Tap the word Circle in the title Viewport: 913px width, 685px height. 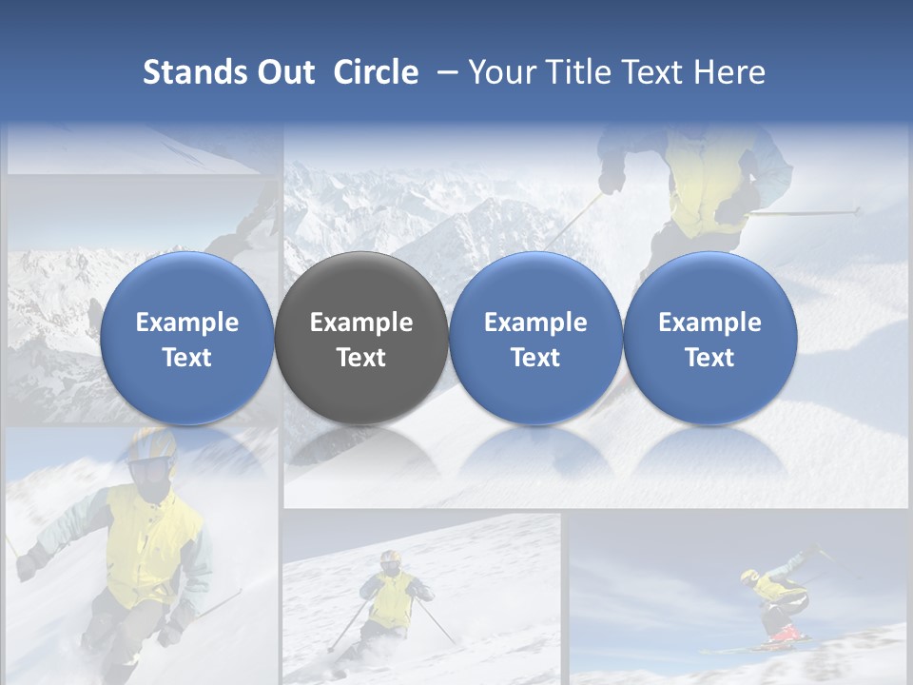(x=376, y=72)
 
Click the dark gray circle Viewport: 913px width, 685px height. (x=361, y=338)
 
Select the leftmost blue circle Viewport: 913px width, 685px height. (x=187, y=338)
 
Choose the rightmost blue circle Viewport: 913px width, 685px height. (x=709, y=338)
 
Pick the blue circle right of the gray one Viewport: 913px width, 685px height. (x=535, y=338)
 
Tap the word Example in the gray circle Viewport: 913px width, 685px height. (x=361, y=323)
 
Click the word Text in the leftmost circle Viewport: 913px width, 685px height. (x=187, y=358)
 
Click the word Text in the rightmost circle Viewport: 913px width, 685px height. (x=709, y=358)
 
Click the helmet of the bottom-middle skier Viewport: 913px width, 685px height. (x=390, y=558)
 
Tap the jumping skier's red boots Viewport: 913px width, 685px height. (x=784, y=633)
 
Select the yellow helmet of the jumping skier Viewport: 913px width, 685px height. (x=750, y=577)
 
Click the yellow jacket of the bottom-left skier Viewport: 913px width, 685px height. (x=152, y=538)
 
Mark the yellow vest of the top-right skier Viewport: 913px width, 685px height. (x=709, y=181)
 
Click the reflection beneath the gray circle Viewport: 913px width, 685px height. (x=361, y=447)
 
